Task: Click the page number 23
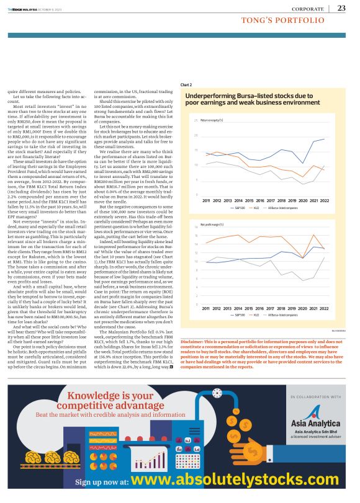pos(341,8)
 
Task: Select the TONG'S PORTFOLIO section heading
pos(283,20)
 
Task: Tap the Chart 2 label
pos(186,84)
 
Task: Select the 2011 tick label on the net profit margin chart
pos(205,308)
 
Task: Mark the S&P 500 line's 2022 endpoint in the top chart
pos(324,140)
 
